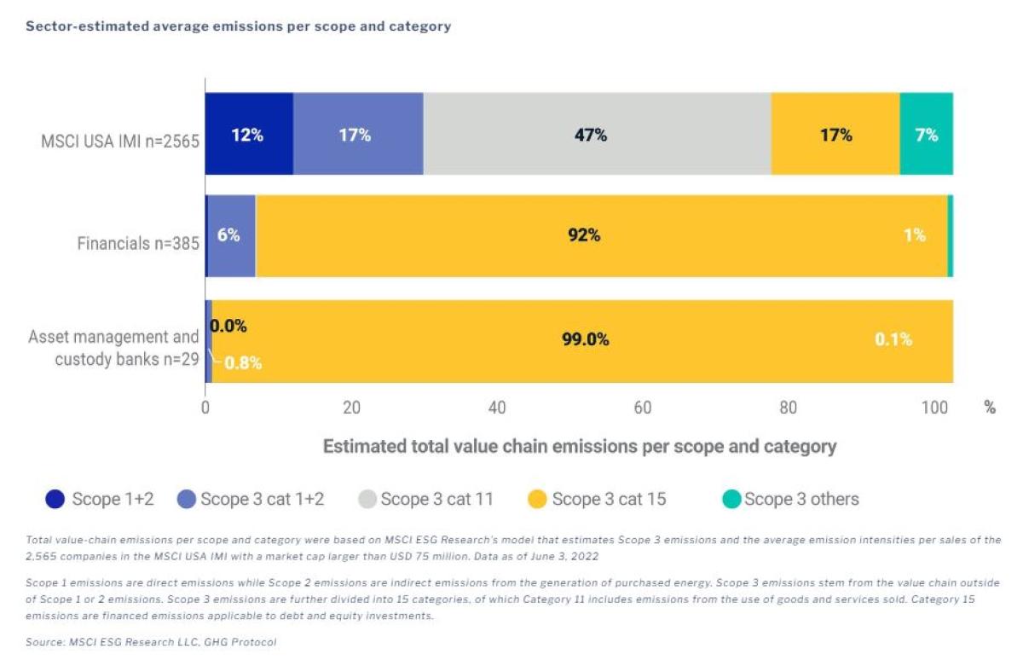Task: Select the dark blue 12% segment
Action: (249, 134)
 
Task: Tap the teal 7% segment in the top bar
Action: (926, 134)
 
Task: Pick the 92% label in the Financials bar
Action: (584, 235)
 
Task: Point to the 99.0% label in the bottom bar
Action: (585, 339)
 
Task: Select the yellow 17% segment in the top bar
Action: (835, 134)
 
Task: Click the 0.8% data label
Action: (242, 363)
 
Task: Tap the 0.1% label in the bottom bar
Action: (893, 339)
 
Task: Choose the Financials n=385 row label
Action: (138, 244)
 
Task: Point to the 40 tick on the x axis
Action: (497, 408)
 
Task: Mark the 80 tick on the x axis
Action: (789, 408)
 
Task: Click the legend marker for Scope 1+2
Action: (55, 500)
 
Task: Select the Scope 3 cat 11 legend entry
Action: (436, 500)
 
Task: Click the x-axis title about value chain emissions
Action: (579, 446)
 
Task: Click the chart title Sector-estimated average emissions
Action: (238, 26)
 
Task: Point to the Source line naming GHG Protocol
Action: (152, 641)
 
